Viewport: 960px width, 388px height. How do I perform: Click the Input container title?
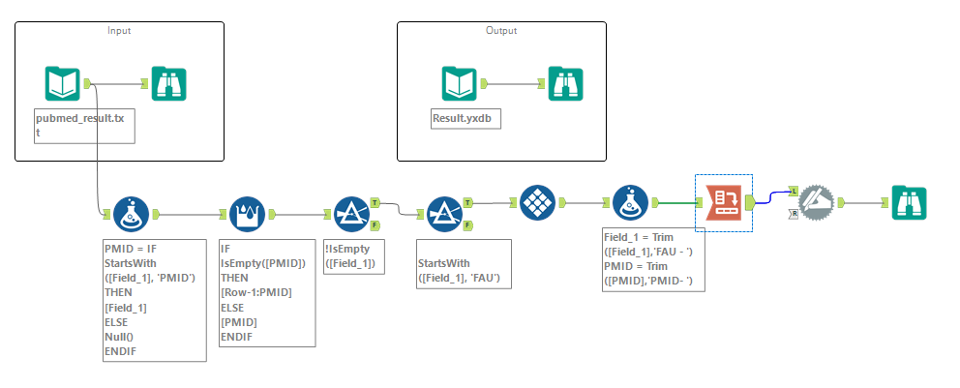coord(119,30)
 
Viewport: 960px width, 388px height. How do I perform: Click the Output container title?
coord(500,30)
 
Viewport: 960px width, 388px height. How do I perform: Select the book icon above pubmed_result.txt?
coord(63,84)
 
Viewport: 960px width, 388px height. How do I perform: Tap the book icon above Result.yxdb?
coord(460,84)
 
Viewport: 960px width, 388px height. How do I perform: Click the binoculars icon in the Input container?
coord(168,84)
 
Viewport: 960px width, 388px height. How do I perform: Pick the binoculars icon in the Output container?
coord(566,84)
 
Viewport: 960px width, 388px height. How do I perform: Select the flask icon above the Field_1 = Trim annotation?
coord(630,203)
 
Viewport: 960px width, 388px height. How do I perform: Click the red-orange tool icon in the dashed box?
coord(724,203)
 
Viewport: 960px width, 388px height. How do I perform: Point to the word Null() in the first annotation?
coord(120,335)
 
